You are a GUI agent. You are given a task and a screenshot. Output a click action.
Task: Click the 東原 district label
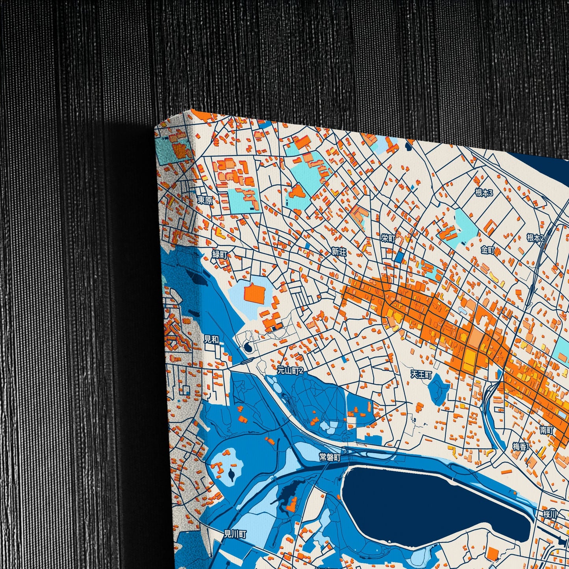point(205,200)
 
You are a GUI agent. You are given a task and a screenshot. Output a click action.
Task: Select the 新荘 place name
point(339,252)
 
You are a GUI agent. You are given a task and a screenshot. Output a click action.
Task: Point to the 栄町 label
point(388,238)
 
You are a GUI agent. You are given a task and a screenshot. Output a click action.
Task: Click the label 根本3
point(484,193)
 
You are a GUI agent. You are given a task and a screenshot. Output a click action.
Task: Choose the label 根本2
point(535,237)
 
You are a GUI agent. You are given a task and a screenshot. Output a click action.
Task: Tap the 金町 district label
point(488,250)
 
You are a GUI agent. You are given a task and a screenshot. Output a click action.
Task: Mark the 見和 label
point(211,339)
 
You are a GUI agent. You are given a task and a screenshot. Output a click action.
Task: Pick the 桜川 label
point(550,514)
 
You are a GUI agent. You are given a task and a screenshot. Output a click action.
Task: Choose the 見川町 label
point(235,534)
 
